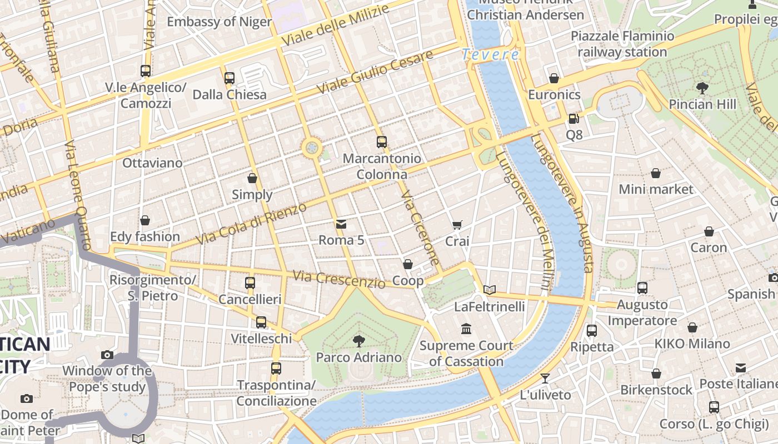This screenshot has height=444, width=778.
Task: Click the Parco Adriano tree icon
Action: (x=358, y=341)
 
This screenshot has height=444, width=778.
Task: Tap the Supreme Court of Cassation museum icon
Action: (x=466, y=329)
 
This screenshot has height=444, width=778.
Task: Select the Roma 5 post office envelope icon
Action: (x=341, y=224)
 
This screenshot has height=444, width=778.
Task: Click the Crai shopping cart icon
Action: (x=457, y=225)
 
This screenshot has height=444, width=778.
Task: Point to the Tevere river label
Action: (x=490, y=54)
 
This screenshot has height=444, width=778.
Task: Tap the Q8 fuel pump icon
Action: (x=573, y=119)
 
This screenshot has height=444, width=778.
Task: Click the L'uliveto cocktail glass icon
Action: (x=545, y=379)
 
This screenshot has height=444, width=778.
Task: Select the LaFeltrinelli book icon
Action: (x=489, y=290)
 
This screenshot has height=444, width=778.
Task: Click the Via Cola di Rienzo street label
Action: (x=252, y=225)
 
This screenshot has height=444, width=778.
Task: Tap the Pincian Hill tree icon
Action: (x=702, y=88)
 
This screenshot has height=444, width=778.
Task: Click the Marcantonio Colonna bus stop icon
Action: (x=381, y=142)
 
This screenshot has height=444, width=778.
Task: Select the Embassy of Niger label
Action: (x=219, y=22)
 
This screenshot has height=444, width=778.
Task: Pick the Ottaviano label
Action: (x=152, y=163)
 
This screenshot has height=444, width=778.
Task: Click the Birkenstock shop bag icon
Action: (x=656, y=374)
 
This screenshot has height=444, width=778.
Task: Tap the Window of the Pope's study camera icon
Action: (x=107, y=355)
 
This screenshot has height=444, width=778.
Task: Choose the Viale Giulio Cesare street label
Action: (x=375, y=72)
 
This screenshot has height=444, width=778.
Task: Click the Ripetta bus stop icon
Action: (x=592, y=331)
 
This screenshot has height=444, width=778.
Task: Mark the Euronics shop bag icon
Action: (x=553, y=78)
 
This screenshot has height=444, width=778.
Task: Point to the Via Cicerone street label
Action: (x=420, y=228)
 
